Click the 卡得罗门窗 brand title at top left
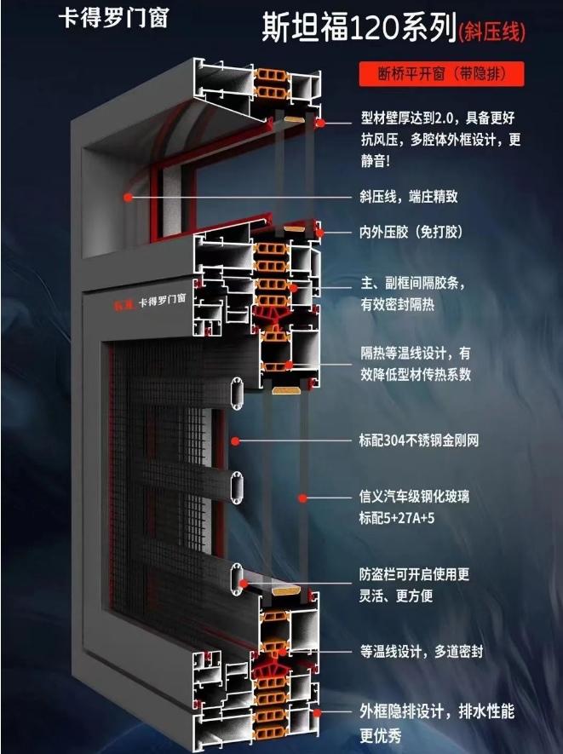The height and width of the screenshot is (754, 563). [113, 18]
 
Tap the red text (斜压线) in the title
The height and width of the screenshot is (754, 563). [491, 32]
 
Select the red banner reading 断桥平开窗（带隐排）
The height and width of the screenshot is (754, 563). [441, 74]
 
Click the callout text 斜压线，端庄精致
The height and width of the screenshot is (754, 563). [409, 196]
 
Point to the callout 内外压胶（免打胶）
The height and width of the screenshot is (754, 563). [411, 233]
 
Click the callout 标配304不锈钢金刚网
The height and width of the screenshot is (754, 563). [419, 440]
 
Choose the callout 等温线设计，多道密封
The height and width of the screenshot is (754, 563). [421, 652]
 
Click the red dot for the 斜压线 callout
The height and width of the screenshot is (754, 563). [128, 197]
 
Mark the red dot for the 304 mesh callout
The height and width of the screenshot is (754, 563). [235, 440]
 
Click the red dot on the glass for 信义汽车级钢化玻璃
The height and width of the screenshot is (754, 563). [302, 498]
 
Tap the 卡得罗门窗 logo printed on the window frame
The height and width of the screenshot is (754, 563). [150, 302]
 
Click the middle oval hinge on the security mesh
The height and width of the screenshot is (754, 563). [237, 487]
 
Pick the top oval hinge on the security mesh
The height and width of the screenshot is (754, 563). [237, 394]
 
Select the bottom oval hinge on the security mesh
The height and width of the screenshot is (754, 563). [237, 579]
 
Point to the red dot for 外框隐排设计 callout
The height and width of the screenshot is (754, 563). [317, 712]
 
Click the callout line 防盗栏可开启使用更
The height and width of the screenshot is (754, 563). [414, 574]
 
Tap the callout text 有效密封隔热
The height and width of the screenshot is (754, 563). [397, 304]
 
